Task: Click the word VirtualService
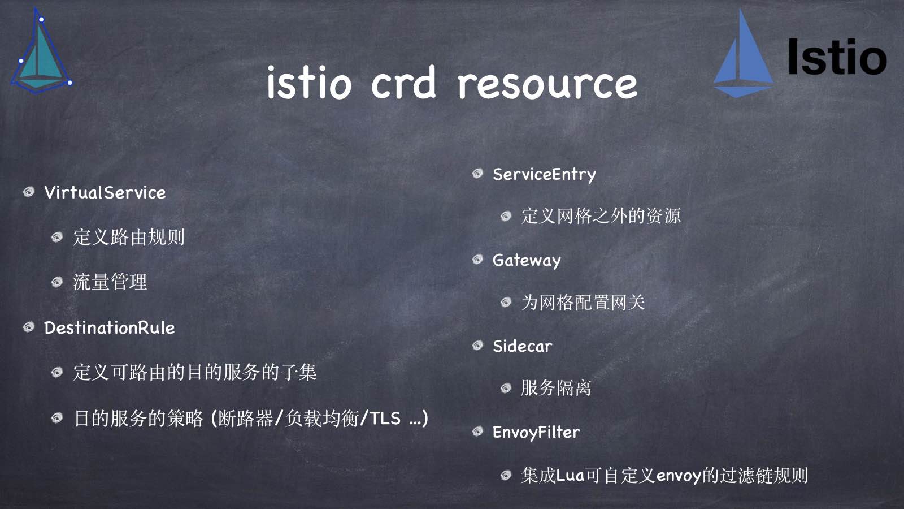105,193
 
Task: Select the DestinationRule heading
110,327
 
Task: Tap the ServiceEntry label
544,175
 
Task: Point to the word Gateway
527,261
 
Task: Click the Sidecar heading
522,346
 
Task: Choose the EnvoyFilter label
536,433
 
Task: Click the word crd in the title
403,83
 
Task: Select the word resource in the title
547,84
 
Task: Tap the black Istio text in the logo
837,57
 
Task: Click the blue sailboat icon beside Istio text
743,54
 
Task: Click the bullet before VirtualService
29,192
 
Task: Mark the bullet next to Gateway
478,260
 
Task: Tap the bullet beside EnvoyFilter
478,432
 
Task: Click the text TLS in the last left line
385,419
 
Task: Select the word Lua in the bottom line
570,476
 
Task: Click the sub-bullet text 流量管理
110,282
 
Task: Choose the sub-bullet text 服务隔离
556,388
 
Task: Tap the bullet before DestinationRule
29,327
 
